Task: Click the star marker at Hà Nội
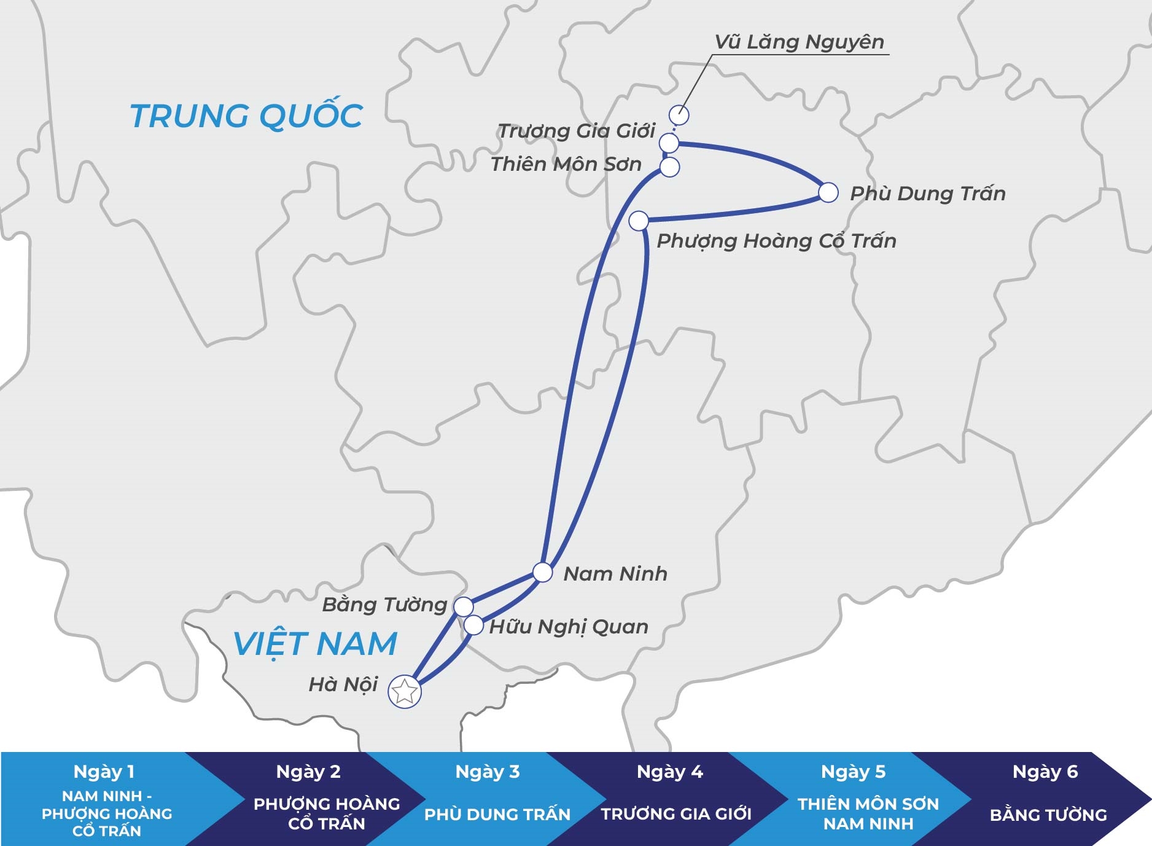pyautogui.click(x=405, y=692)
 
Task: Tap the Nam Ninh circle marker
pyautogui.click(x=543, y=572)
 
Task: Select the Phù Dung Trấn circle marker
pyautogui.click(x=828, y=192)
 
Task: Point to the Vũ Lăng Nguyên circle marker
pyautogui.click(x=679, y=115)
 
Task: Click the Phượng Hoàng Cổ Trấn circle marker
pyautogui.click(x=639, y=220)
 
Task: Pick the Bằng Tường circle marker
pyautogui.click(x=464, y=606)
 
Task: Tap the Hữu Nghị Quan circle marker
pyautogui.click(x=473, y=625)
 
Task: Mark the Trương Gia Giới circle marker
pyautogui.click(x=669, y=143)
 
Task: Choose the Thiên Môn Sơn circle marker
pyautogui.click(x=670, y=166)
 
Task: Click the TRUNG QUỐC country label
pyautogui.click(x=246, y=116)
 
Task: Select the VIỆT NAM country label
pyautogui.click(x=315, y=643)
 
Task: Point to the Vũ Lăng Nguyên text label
pyautogui.click(x=800, y=42)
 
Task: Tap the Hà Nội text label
pyautogui.click(x=343, y=684)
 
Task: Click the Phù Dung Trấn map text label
pyautogui.click(x=927, y=194)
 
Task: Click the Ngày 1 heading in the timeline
pyautogui.click(x=104, y=772)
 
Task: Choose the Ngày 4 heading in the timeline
pyautogui.click(x=670, y=772)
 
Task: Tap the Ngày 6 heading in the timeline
pyautogui.click(x=1045, y=772)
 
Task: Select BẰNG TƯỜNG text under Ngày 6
pyautogui.click(x=1048, y=815)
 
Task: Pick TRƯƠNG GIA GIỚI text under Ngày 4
pyautogui.click(x=676, y=814)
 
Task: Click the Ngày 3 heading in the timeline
pyautogui.click(x=488, y=772)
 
